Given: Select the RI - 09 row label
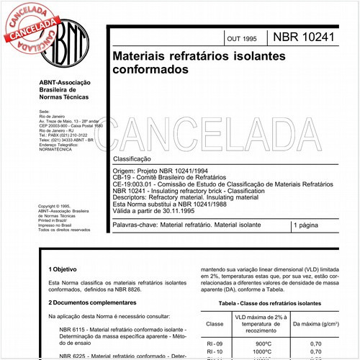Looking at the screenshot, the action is point(215,344).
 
